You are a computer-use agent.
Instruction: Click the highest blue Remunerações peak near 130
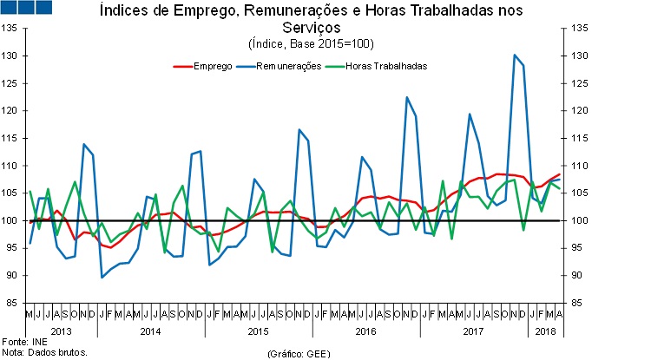[515, 56]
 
